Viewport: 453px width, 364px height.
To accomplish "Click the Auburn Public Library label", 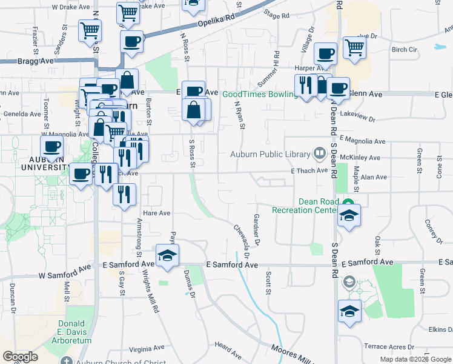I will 270,154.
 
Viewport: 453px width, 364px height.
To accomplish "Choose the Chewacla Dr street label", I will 242,240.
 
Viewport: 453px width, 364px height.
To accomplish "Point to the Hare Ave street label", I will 156,213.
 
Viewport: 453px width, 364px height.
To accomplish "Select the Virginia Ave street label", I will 144,349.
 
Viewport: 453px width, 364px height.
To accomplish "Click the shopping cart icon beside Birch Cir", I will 354,47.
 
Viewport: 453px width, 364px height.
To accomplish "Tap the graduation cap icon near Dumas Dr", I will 168,255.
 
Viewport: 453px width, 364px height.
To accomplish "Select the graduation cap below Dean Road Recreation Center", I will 349,215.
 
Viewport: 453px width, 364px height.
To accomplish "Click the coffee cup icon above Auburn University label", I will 51,146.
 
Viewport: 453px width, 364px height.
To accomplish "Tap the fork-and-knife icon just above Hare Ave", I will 124,194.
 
